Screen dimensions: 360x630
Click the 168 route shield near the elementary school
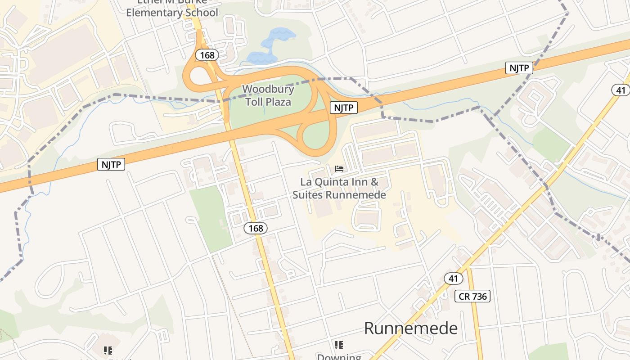[x=207, y=55]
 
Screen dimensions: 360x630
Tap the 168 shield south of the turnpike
[x=256, y=228]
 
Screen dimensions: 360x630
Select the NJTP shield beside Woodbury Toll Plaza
[x=344, y=108]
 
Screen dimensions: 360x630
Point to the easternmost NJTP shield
[x=519, y=68]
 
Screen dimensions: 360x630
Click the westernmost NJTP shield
[x=111, y=164]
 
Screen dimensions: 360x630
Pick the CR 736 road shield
[x=472, y=296]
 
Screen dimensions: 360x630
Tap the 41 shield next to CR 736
[x=453, y=279]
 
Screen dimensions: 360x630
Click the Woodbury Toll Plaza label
[x=268, y=95]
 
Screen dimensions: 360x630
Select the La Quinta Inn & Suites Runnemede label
[x=339, y=189]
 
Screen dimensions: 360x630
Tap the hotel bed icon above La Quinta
[x=339, y=169]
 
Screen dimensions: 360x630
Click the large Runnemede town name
[x=410, y=328]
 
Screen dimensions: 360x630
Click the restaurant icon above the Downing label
[x=339, y=345]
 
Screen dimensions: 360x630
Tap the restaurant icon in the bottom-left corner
[x=108, y=350]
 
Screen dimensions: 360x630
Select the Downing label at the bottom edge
[x=339, y=357]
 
